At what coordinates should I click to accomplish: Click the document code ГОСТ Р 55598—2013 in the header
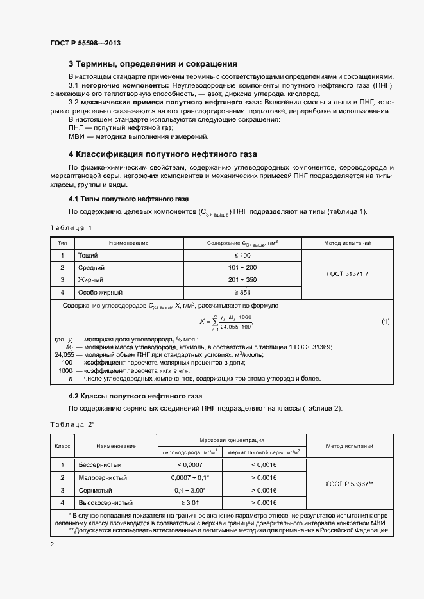85,44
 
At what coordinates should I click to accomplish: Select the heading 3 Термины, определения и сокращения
153,64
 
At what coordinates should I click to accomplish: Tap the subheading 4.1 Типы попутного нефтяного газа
128,199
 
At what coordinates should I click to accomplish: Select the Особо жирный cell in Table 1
100,291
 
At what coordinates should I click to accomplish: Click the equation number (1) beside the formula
386,320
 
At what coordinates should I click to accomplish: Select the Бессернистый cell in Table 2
99,464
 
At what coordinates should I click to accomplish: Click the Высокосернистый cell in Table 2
105,502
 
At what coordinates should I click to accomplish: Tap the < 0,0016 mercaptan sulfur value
264,464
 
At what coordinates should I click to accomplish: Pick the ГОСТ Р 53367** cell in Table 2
350,484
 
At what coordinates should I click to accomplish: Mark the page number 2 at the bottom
52,544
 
